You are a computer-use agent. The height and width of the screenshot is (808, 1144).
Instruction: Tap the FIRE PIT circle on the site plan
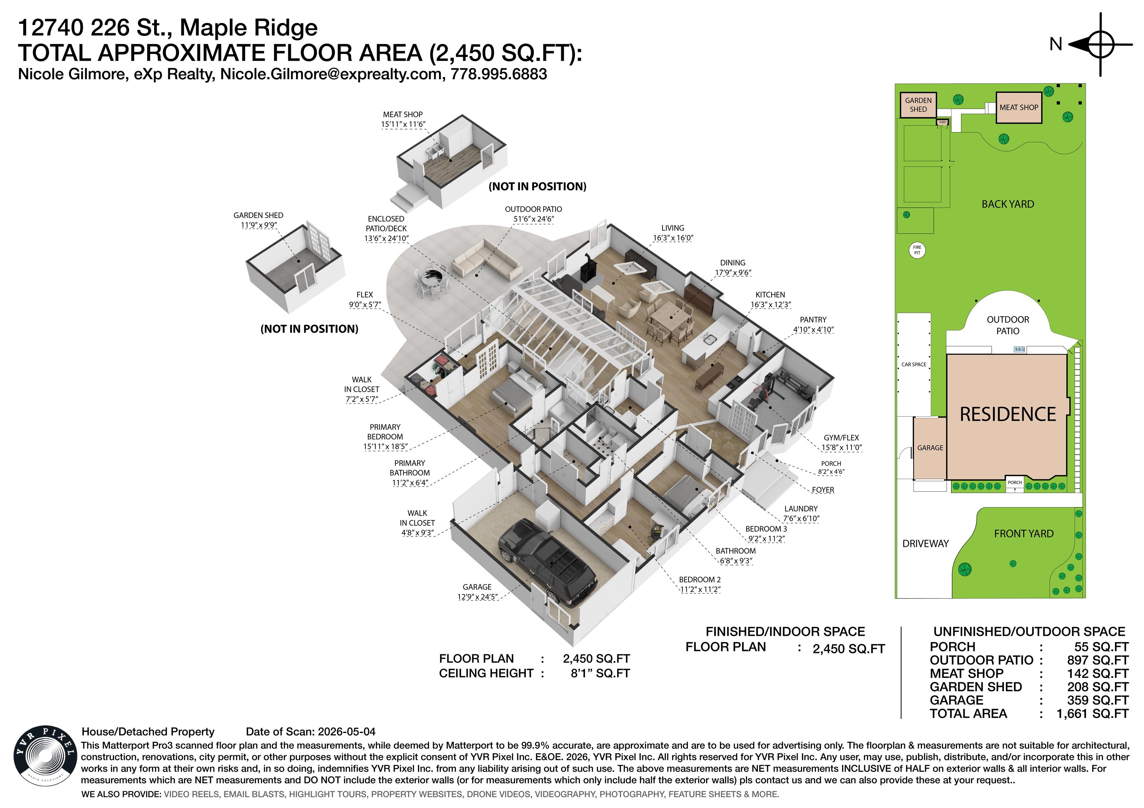coord(917,250)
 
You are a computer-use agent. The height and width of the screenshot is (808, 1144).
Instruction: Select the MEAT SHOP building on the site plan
coord(1019,108)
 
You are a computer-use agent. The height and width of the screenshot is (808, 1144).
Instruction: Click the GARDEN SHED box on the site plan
coord(918,105)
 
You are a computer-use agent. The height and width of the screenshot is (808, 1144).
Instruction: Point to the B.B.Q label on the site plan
coord(1020,349)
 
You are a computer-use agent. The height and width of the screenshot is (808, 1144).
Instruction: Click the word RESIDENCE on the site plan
coord(1007,414)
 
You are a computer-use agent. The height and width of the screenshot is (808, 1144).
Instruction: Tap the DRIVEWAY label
coord(925,544)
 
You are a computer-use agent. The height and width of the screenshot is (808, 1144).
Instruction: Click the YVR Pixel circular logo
coord(45,756)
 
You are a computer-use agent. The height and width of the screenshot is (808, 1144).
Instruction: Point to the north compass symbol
coord(1100,45)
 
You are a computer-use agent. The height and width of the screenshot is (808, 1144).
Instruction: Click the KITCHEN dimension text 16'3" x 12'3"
coord(770,305)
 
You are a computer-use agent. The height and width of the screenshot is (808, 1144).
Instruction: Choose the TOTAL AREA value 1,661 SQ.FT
coord(1092,714)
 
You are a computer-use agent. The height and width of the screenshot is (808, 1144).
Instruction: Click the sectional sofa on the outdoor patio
coord(486,259)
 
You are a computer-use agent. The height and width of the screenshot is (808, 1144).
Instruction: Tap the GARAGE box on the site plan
coord(930,448)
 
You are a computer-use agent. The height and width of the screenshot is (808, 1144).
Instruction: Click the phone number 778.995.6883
coord(499,74)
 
